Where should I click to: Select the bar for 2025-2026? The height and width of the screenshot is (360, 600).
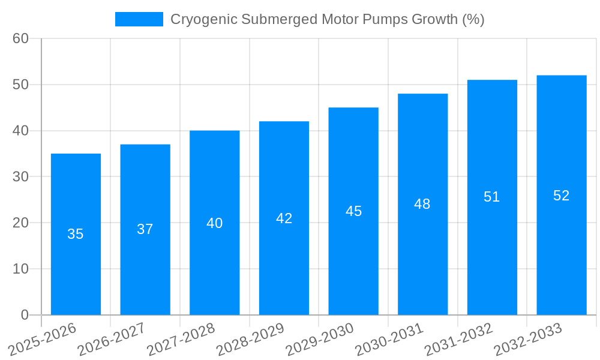click(x=76, y=234)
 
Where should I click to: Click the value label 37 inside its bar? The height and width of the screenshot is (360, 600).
click(x=145, y=229)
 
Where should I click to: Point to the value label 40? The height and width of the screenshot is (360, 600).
click(x=214, y=223)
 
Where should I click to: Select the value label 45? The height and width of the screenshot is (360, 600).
click(x=353, y=211)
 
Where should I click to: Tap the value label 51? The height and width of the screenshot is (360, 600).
click(x=492, y=197)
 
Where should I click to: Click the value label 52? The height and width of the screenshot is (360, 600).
click(x=561, y=196)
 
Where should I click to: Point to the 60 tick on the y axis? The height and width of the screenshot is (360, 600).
click(x=20, y=38)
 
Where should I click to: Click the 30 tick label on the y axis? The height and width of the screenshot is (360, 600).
click(x=20, y=176)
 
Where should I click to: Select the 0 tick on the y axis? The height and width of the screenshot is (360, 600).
click(x=25, y=315)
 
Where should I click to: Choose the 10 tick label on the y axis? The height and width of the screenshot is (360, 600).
click(x=20, y=269)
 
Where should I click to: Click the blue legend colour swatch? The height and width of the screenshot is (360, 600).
click(x=139, y=19)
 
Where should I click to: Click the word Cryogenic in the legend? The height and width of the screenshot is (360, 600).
click(x=197, y=19)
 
